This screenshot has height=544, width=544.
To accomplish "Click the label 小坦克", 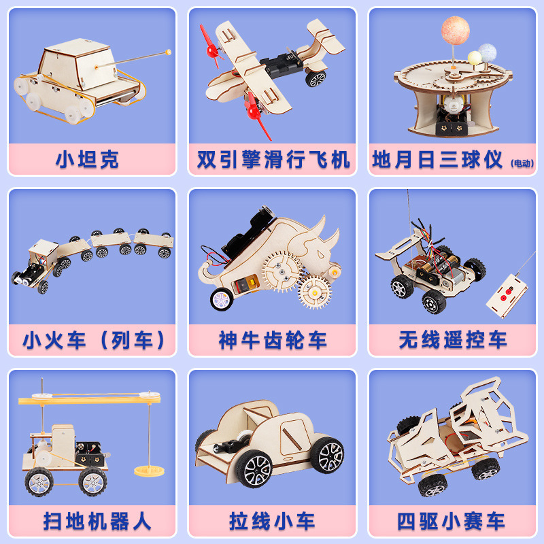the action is tap(87, 160).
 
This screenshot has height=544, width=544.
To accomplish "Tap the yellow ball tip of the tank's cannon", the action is tap(168, 52).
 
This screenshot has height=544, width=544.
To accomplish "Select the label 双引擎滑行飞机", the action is tap(273, 160).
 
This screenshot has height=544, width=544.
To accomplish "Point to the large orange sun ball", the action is tap(455, 30).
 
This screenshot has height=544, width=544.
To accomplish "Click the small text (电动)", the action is tap(522, 163).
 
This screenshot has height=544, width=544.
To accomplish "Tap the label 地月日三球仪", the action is tap(437, 160).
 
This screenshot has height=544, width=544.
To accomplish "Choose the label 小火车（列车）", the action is tap(93, 340).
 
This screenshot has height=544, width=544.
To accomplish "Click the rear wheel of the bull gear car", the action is tap(222, 299).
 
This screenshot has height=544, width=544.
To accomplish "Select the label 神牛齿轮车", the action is tap(273, 340).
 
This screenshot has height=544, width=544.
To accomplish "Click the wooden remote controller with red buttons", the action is tap(507, 296).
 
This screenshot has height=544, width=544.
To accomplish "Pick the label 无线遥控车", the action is tap(453, 340).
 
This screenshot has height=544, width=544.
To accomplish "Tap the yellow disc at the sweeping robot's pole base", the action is tap(149, 471).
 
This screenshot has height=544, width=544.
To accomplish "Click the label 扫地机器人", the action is tap(97, 521).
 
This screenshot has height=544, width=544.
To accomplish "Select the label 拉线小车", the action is tap(273, 521).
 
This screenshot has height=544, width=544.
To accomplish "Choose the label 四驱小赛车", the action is tap(451, 521).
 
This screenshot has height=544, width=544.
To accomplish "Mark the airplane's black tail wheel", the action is tap(316, 79).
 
